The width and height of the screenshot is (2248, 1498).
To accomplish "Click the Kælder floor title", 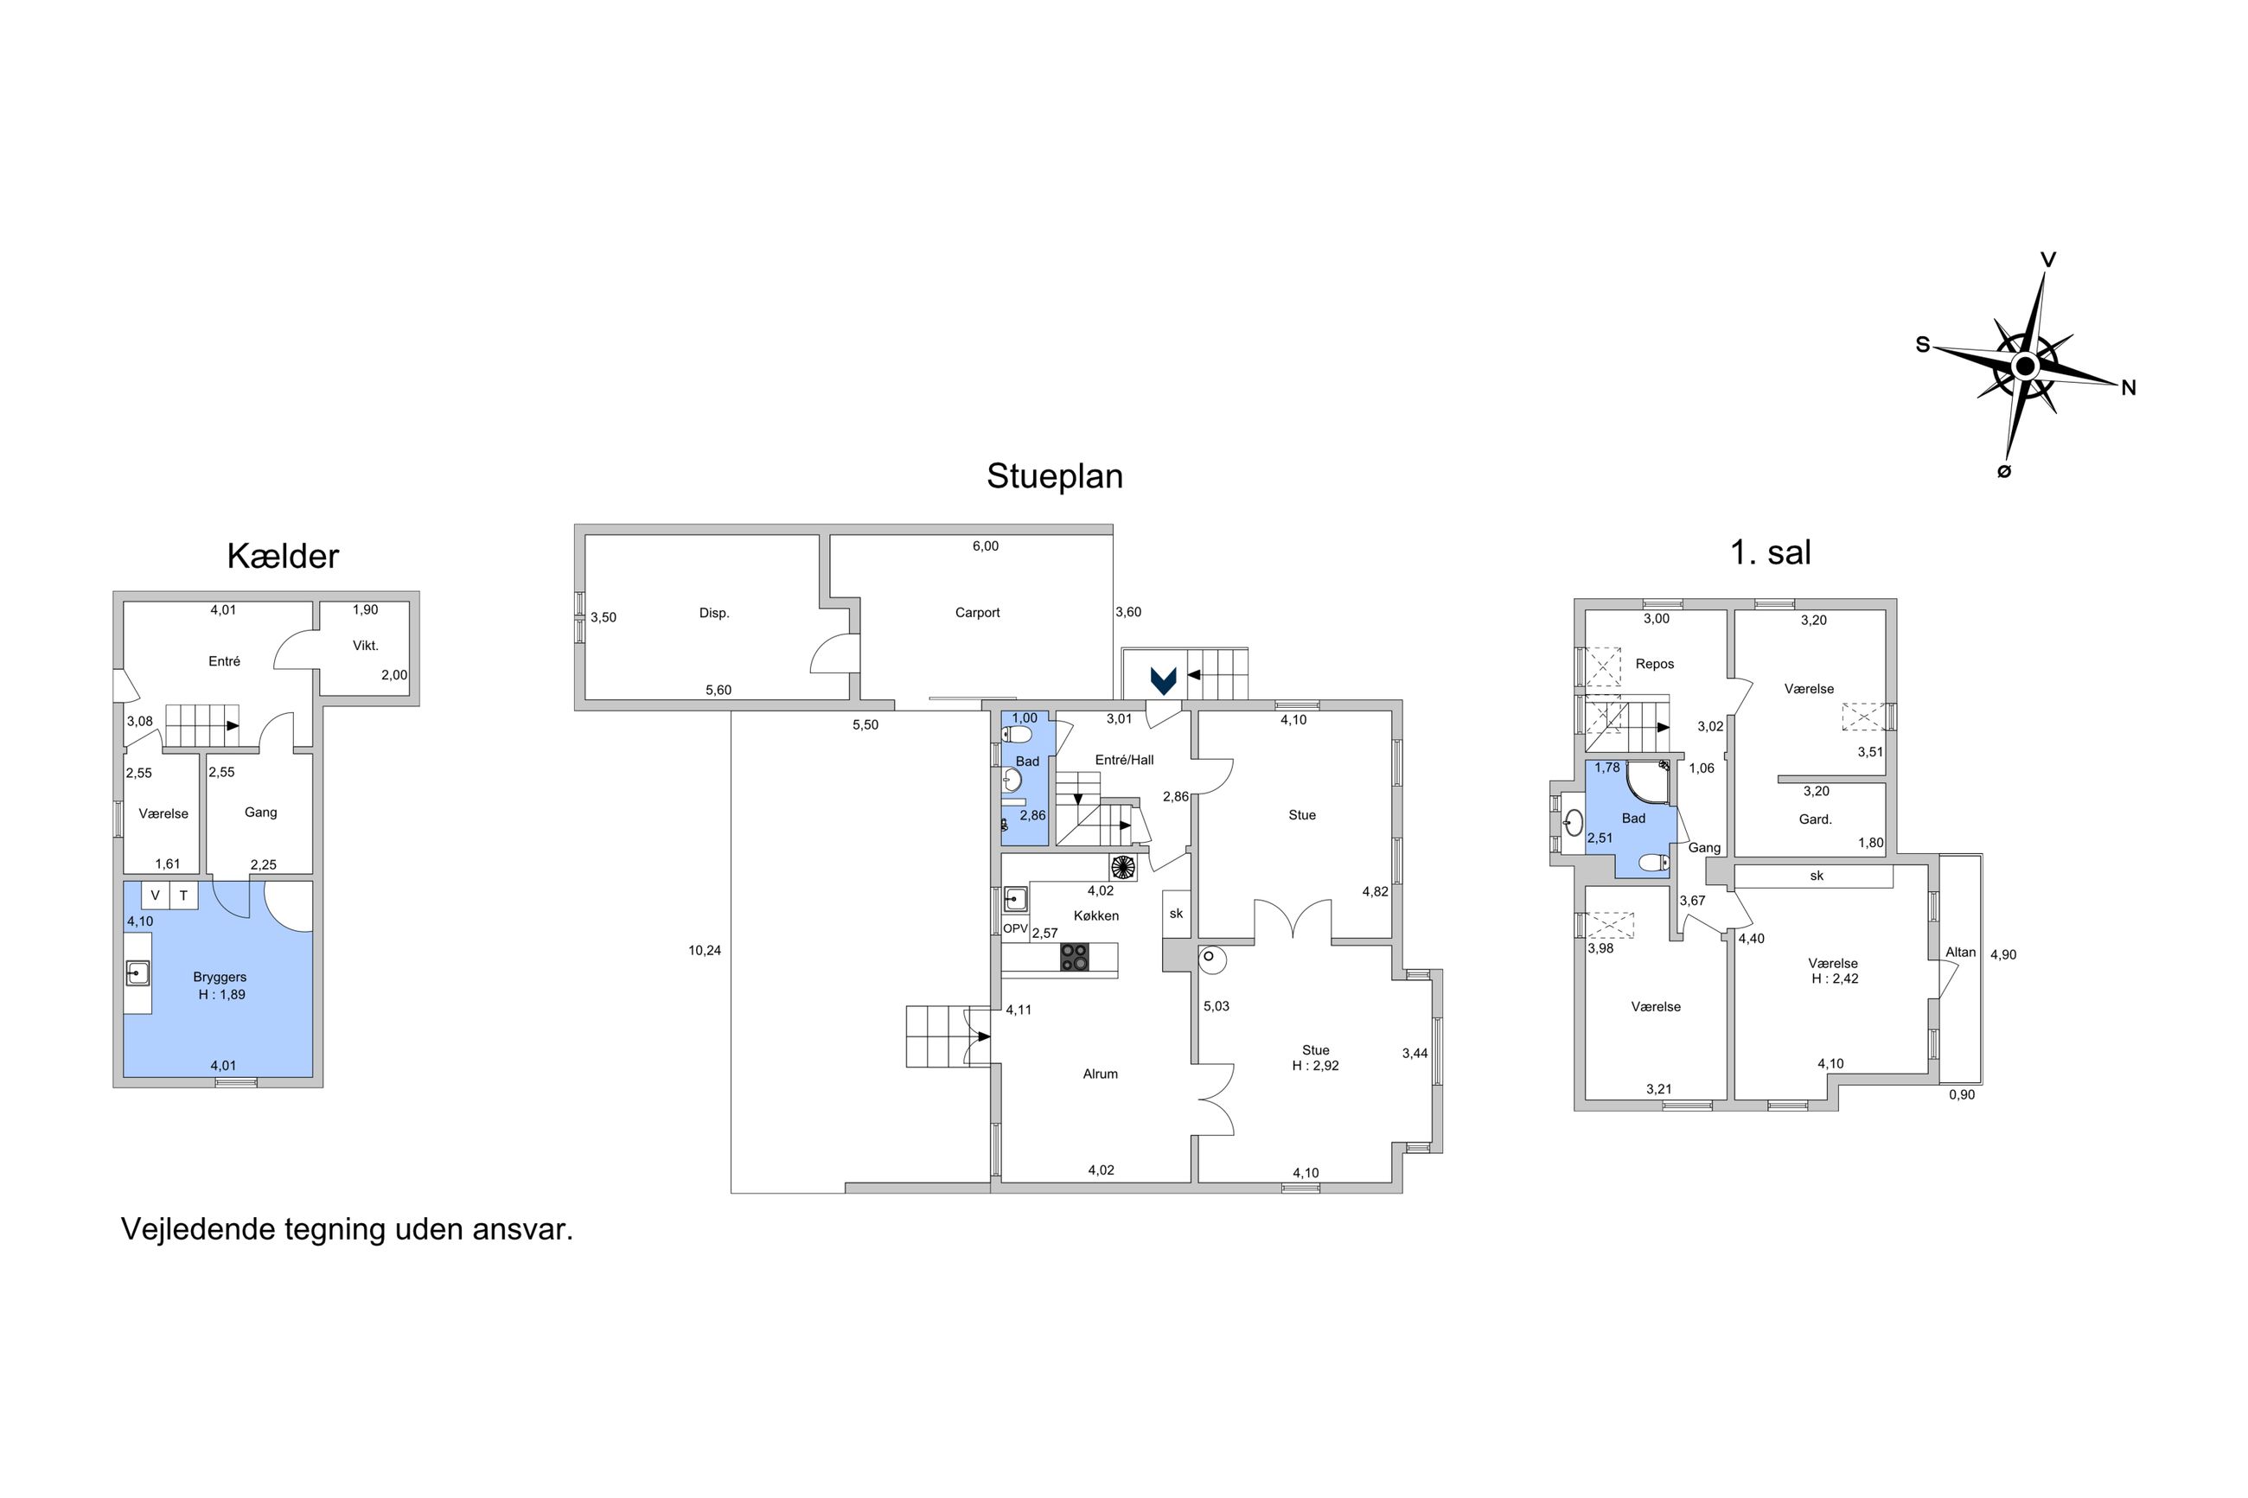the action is [283, 556].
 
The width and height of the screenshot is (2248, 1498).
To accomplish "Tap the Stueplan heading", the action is [1055, 475].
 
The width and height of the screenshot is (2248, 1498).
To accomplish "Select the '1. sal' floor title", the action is [1771, 552].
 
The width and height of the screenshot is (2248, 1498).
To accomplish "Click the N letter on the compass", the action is [2129, 387].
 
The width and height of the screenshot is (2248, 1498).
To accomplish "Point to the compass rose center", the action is [2024, 366].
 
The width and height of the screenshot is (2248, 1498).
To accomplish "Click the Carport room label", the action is [977, 612].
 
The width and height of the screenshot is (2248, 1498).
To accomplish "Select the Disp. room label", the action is [713, 614].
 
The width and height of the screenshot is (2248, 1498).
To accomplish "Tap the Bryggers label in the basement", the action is [220, 978].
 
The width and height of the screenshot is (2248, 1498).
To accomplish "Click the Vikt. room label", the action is [366, 646].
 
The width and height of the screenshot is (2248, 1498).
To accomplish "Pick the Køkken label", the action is [1095, 915].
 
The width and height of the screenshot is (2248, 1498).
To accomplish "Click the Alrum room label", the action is [1100, 1074].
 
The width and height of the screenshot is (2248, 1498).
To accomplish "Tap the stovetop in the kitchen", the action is [1074, 957].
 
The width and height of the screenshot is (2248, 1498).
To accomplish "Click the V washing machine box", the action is [155, 896].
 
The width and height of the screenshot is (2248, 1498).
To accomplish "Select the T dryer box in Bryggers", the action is [183, 896].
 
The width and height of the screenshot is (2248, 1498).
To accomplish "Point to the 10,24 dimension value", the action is [704, 951].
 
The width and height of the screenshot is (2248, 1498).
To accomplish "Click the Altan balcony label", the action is [1960, 953].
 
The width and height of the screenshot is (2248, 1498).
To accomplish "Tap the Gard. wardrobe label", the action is [1815, 819].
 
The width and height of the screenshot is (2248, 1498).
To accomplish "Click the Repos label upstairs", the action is [1655, 664].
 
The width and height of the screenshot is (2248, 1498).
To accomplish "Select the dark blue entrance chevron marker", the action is [1163, 680].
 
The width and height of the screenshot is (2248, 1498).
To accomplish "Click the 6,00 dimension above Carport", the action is [985, 546].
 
